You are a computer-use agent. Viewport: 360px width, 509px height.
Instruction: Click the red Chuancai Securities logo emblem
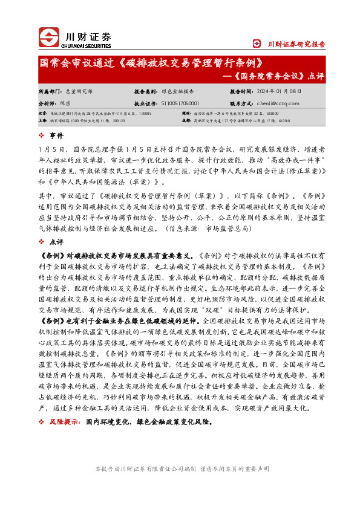(x=50, y=38)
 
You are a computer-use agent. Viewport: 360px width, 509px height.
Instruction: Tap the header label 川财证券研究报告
(x=296, y=44)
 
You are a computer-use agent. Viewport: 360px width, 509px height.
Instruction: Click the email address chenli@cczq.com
(x=274, y=103)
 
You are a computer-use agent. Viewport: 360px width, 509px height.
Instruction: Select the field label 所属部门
(x=49, y=91)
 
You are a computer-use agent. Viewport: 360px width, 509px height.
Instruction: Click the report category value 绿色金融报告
(x=177, y=91)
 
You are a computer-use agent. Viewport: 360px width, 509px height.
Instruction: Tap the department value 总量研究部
(x=79, y=91)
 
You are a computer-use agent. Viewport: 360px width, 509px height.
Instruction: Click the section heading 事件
(x=56, y=135)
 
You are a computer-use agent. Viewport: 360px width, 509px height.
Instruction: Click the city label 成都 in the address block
(x=186, y=120)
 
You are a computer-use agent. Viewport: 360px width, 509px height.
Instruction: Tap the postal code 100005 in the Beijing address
(x=152, y=113)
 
